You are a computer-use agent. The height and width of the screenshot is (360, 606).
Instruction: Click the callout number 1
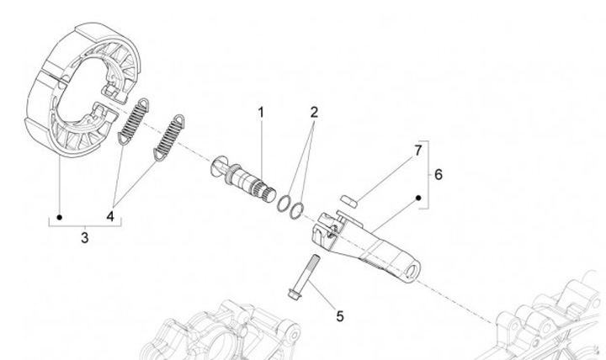click(x=261, y=111)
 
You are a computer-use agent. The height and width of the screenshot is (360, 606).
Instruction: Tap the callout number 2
click(x=313, y=111)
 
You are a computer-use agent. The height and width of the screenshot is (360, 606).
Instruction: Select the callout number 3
click(x=84, y=238)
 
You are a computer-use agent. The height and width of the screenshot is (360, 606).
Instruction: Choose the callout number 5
click(x=340, y=316)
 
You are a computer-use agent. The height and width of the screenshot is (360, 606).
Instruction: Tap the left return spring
click(x=133, y=120)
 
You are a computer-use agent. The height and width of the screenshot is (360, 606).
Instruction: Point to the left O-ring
click(x=283, y=201)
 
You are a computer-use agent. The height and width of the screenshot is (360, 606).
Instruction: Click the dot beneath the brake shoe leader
click(x=60, y=217)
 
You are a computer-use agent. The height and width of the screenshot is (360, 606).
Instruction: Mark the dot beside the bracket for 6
click(x=418, y=199)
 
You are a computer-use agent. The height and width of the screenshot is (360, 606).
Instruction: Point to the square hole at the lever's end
click(x=413, y=268)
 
